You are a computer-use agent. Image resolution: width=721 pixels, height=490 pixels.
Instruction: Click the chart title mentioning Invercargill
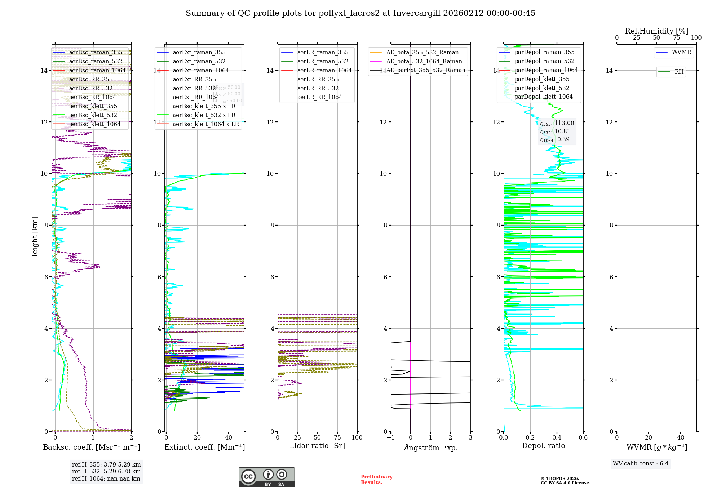click(360, 13)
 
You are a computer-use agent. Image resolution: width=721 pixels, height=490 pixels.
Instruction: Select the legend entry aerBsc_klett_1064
click(95, 124)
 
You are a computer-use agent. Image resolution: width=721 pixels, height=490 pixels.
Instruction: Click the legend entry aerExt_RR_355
click(194, 79)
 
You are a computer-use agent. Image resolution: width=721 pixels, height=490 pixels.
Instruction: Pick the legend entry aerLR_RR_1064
click(319, 97)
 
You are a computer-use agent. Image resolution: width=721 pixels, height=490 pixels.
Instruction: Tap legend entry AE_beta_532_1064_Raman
click(424, 61)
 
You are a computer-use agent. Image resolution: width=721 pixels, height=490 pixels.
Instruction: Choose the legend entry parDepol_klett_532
click(542, 88)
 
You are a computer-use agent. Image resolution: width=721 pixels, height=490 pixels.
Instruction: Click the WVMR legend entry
click(681, 52)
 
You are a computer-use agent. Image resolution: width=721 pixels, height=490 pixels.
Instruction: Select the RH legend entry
click(679, 72)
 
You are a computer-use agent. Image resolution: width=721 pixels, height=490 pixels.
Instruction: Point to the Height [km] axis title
click(35, 238)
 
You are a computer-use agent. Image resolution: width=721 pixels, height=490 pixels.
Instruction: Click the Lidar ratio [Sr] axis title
click(317, 446)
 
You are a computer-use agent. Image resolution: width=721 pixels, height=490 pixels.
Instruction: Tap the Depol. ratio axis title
click(543, 446)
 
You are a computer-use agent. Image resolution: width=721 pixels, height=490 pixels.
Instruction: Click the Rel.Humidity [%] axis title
click(656, 31)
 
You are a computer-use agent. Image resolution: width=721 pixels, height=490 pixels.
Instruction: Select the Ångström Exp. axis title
click(430, 447)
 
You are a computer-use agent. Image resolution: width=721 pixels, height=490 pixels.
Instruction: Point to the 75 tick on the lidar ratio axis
click(337, 437)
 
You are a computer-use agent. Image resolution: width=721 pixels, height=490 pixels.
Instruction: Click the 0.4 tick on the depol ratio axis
click(557, 437)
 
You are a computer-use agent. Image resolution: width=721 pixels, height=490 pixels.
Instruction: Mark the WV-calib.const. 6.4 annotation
click(640, 463)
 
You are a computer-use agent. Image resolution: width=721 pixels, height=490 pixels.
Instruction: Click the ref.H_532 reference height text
click(106, 471)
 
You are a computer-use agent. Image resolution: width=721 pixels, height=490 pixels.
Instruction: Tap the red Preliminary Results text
click(376, 480)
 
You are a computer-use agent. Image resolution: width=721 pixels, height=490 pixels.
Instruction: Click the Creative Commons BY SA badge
click(266, 477)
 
